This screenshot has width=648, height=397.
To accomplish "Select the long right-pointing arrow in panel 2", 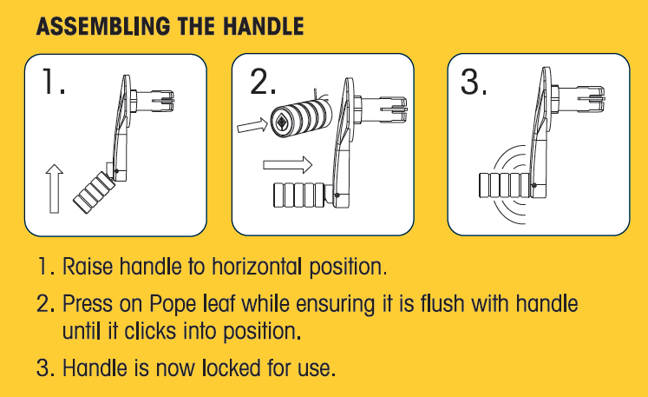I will coord(286,162).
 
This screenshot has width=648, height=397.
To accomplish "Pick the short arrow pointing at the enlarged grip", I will coord(251,127).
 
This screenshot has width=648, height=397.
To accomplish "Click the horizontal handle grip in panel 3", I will coord(502,184).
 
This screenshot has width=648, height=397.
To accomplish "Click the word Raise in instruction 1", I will coord(87,266).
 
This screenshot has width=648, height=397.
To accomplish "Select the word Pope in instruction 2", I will coord(174,305).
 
